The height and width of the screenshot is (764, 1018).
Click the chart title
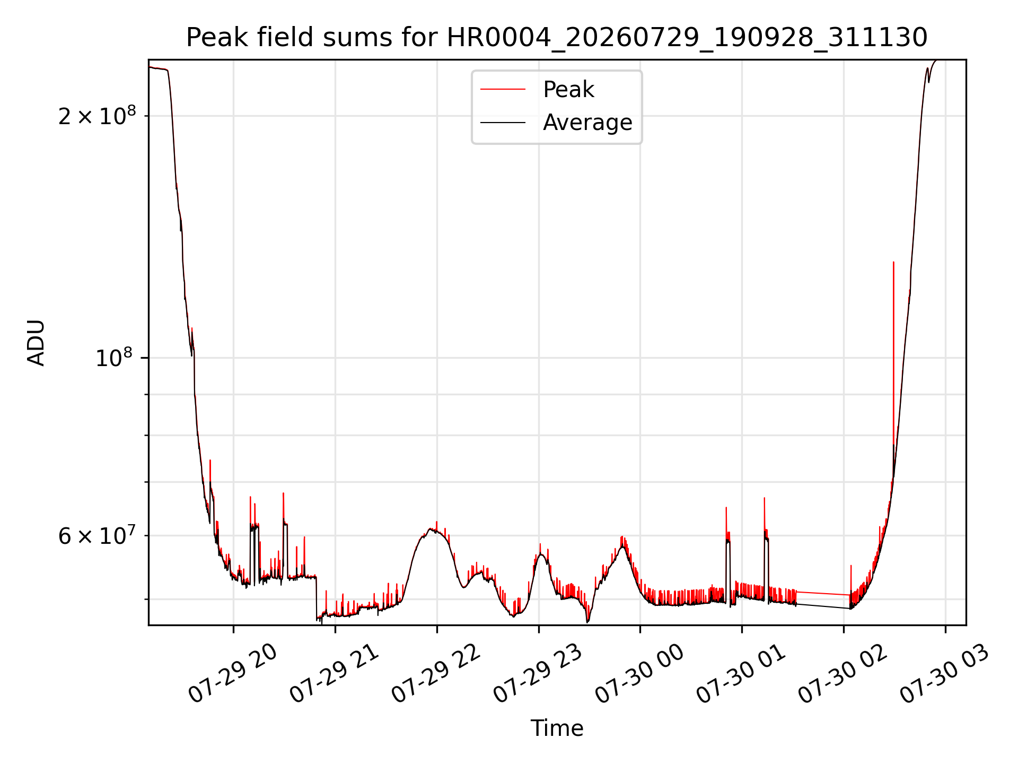(x=557, y=38)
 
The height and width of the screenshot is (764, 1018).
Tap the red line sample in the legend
(x=503, y=90)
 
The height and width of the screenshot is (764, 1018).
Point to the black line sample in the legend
(x=503, y=123)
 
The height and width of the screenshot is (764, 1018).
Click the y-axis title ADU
(x=36, y=342)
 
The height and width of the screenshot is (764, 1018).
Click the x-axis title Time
(x=557, y=728)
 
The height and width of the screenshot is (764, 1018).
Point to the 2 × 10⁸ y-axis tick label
(x=97, y=115)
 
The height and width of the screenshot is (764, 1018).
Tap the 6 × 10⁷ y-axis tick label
(x=97, y=535)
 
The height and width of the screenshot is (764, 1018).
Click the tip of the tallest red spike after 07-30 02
(x=893, y=262)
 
